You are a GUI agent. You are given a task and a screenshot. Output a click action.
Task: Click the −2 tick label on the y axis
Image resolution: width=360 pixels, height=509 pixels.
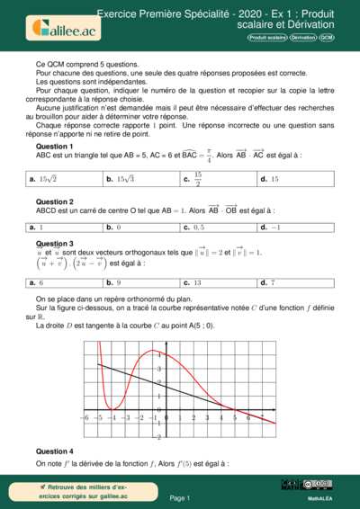(158, 437)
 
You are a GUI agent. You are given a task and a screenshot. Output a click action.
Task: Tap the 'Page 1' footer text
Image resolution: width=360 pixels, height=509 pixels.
(180, 497)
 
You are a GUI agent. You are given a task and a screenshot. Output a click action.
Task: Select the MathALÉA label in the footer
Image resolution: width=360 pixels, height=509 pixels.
(321, 496)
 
